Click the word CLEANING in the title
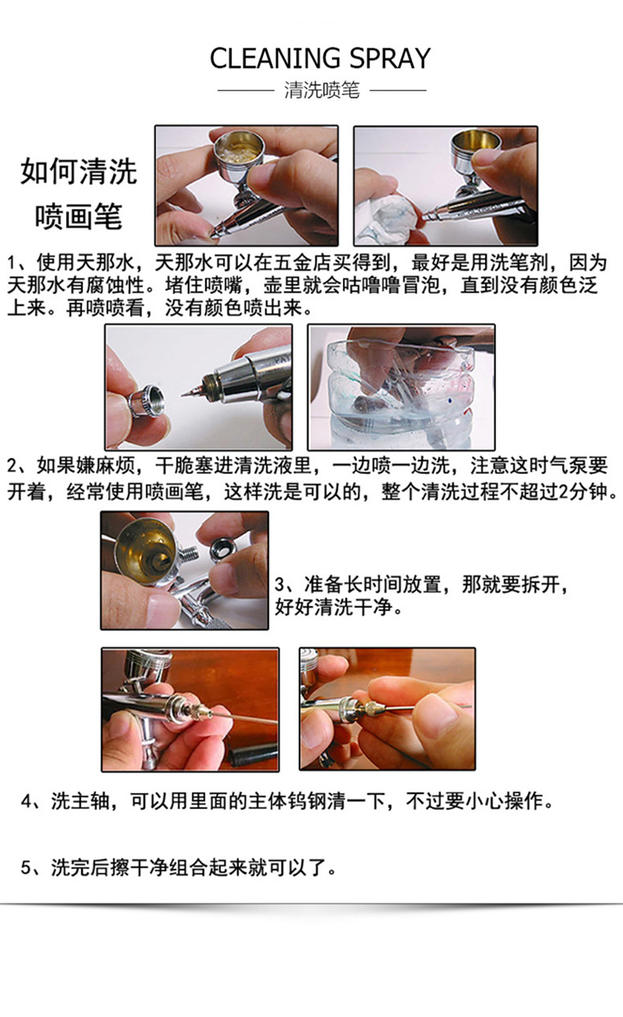click(275, 58)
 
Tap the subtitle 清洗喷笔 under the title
click(322, 90)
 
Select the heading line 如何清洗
click(78, 172)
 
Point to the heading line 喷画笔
click(78, 216)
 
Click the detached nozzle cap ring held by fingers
click(146, 400)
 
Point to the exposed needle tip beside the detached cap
click(191, 391)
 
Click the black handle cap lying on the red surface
click(253, 754)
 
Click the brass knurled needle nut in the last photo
click(370, 708)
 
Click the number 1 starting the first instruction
click(13, 263)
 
